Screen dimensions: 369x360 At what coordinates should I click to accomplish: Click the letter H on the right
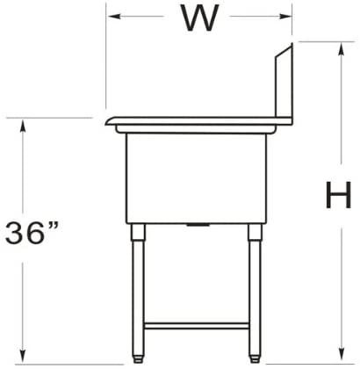coord(338,195)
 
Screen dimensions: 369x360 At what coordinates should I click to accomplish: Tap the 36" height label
coord(32,234)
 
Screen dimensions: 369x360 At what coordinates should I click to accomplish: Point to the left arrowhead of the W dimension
coord(112,17)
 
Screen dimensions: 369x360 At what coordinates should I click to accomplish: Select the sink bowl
coord(194,176)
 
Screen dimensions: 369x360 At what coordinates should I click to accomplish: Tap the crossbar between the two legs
coord(195,325)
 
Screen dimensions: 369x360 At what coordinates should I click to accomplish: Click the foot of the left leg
coord(138,355)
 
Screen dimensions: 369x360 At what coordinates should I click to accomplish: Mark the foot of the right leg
coord(255,355)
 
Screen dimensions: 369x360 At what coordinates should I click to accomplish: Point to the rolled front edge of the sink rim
coord(112,122)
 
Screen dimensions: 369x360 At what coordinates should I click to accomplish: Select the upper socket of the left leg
coord(137,233)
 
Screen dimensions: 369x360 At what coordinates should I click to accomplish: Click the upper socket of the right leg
coord(255,233)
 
